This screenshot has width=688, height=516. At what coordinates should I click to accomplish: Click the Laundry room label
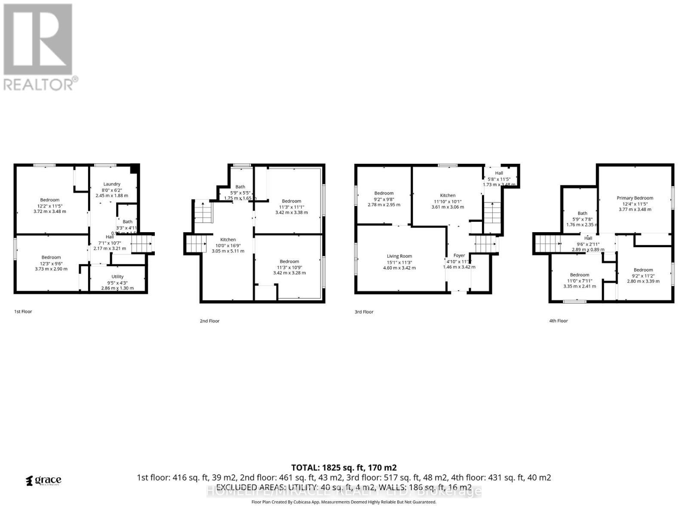point(112,184)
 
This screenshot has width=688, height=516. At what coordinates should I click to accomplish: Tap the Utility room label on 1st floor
point(117,276)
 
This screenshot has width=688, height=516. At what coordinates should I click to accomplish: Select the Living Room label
point(399,256)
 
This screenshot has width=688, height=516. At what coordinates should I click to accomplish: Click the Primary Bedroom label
point(635,198)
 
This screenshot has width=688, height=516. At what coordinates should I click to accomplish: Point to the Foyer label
point(459,255)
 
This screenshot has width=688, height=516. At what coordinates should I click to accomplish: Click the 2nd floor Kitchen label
point(228,240)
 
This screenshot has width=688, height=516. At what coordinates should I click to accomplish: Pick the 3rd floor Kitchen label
point(448,196)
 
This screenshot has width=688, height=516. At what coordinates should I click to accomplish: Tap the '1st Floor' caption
point(23,311)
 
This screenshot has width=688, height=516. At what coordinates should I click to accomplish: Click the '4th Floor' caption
point(559,321)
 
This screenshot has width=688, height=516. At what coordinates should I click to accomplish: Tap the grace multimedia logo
point(43,480)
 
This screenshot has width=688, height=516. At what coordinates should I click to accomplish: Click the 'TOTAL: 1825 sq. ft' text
point(344,467)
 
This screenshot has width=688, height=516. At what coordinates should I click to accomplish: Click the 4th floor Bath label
point(582,213)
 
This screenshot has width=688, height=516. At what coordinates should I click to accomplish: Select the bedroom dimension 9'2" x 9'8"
point(384,199)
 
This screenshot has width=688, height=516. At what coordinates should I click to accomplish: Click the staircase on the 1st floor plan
point(142,244)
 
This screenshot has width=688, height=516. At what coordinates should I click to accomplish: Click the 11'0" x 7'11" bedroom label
point(580,280)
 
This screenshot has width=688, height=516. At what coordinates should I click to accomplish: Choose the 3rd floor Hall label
point(499,173)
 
